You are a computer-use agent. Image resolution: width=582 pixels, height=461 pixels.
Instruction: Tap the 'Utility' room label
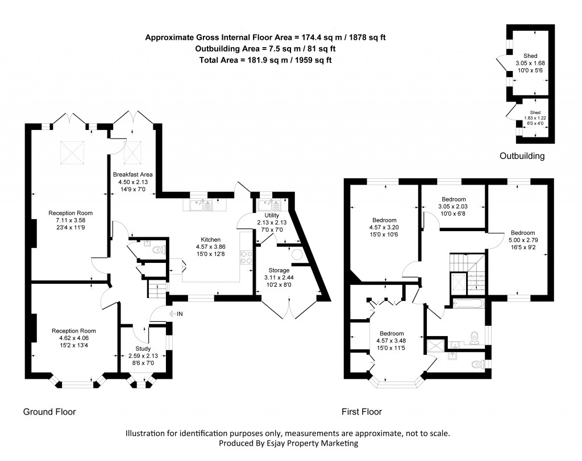(272, 215)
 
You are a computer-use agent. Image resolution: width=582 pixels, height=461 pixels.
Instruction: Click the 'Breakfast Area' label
(132, 174)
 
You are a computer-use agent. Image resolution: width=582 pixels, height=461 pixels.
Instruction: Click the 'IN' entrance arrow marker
(176, 313)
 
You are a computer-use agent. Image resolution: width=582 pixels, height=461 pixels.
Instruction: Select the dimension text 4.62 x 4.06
(73, 338)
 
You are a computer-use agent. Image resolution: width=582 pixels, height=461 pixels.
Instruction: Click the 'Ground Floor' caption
(49, 412)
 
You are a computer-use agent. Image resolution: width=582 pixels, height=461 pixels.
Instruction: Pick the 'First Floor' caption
(361, 412)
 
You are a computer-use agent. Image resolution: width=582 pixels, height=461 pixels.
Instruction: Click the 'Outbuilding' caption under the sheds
(522, 156)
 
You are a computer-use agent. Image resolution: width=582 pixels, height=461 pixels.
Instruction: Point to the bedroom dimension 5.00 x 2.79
(522, 240)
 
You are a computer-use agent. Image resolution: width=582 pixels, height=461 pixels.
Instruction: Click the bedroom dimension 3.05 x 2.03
(454, 207)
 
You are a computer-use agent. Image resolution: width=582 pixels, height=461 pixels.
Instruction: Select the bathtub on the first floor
(468, 303)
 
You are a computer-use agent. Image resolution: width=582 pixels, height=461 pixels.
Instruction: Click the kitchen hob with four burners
(246, 258)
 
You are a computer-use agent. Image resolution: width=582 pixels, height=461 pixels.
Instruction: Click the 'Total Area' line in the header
(265, 60)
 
